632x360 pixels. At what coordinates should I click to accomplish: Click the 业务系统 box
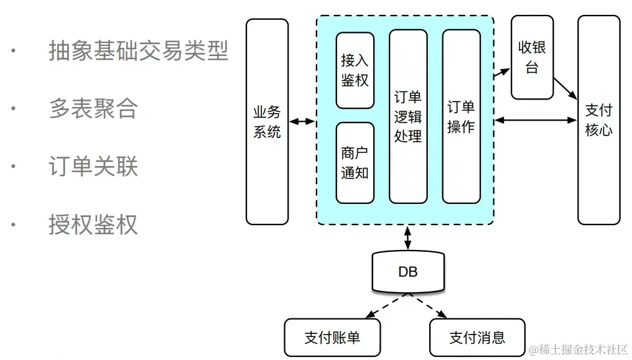tap(267, 121)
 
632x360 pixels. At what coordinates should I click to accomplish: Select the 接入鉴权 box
tap(355, 70)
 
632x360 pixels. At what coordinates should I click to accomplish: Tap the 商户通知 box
tap(355, 163)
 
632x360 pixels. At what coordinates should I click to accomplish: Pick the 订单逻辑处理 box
tap(408, 116)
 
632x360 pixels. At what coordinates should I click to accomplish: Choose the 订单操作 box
tap(461, 116)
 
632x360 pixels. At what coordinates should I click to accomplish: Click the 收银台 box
tap(532, 57)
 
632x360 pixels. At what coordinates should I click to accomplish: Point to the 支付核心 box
tap(598, 120)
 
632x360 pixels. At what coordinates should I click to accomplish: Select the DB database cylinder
tap(408, 272)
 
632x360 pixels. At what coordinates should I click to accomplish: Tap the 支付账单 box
tap(332, 338)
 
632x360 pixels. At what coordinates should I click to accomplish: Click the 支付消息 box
tap(477, 338)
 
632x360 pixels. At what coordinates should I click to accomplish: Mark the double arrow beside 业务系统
tap(302, 121)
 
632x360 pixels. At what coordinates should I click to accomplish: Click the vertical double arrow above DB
tap(408, 237)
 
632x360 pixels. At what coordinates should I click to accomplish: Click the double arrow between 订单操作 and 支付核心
tap(536, 120)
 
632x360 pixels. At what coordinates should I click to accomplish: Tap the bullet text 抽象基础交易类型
tap(139, 51)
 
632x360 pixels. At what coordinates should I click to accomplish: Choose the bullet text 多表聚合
tap(93, 109)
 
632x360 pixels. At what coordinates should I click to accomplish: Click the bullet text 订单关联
tap(93, 167)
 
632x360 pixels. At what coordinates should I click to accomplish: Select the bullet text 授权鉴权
tap(93, 224)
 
